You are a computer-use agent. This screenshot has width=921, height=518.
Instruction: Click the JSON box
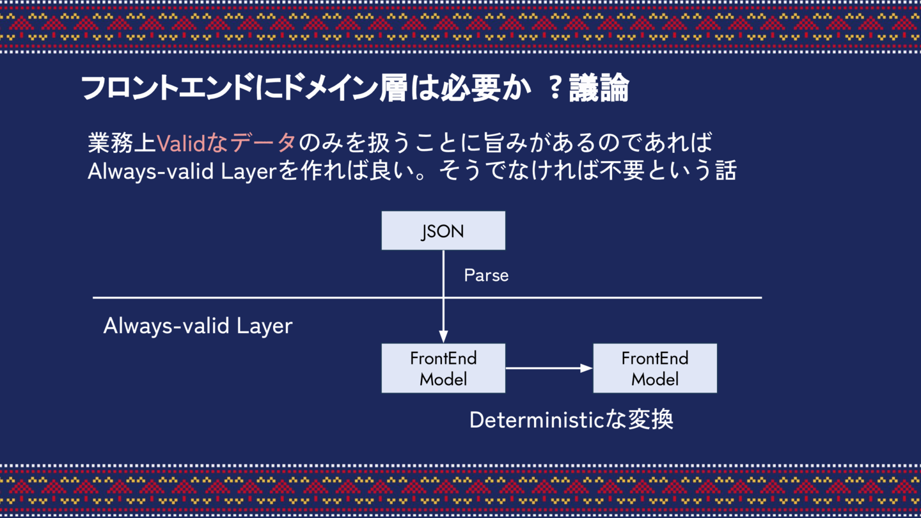click(443, 230)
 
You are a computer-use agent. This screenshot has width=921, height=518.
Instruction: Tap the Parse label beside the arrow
click(486, 276)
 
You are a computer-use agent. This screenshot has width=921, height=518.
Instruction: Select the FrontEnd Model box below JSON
click(443, 368)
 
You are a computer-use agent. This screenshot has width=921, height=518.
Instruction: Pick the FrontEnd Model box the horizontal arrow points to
click(655, 368)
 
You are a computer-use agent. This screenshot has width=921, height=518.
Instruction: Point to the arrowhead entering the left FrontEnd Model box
click(443, 336)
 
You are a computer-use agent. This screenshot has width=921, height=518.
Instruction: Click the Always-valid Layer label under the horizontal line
click(198, 326)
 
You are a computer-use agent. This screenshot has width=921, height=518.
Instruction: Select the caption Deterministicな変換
click(571, 420)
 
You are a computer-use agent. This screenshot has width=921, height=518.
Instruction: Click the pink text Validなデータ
click(226, 143)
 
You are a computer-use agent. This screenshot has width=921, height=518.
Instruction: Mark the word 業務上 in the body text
click(122, 143)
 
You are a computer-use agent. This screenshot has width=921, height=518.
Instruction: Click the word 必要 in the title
click(469, 89)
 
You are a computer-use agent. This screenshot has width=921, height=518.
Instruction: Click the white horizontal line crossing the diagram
click(256, 297)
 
